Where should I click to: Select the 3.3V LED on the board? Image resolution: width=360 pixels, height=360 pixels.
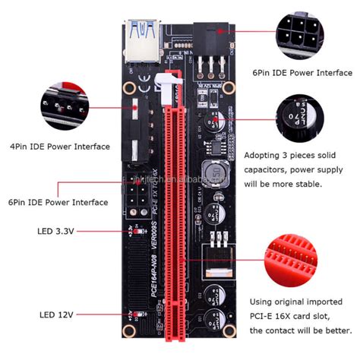tap(132, 229)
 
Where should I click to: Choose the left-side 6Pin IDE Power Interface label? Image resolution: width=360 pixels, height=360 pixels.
tap(59, 202)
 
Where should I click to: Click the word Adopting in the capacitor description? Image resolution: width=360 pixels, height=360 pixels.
tap(263, 155)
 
